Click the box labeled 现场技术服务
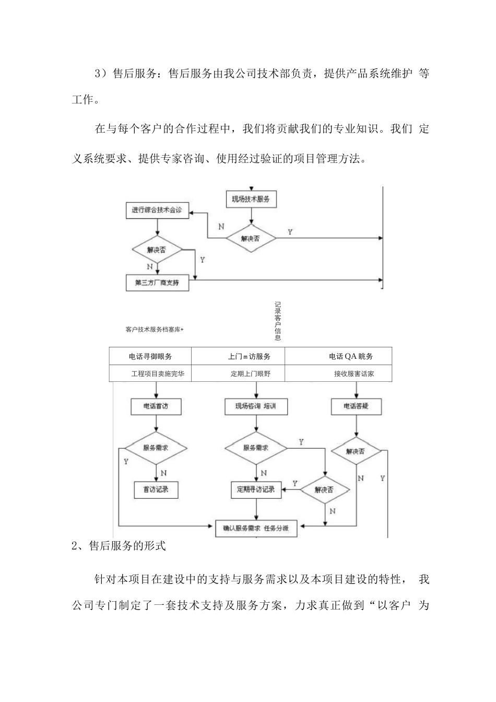[x=251, y=199]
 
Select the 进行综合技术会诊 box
[x=157, y=210]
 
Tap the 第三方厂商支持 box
[x=157, y=283]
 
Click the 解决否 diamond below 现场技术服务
[x=251, y=239]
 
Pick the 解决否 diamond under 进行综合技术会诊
[x=157, y=250]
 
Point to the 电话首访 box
[x=156, y=406]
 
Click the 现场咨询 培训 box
[x=256, y=406]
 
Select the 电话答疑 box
[x=356, y=406]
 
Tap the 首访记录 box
[x=156, y=490]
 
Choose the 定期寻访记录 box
[x=256, y=490]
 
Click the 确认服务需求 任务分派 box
[x=256, y=528]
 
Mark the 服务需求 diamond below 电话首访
[x=156, y=448]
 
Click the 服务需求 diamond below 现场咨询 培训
[x=256, y=448]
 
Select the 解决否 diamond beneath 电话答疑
[x=356, y=451]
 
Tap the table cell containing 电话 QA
[x=351, y=357]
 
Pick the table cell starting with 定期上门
[x=251, y=374]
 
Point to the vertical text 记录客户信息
[x=277, y=321]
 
